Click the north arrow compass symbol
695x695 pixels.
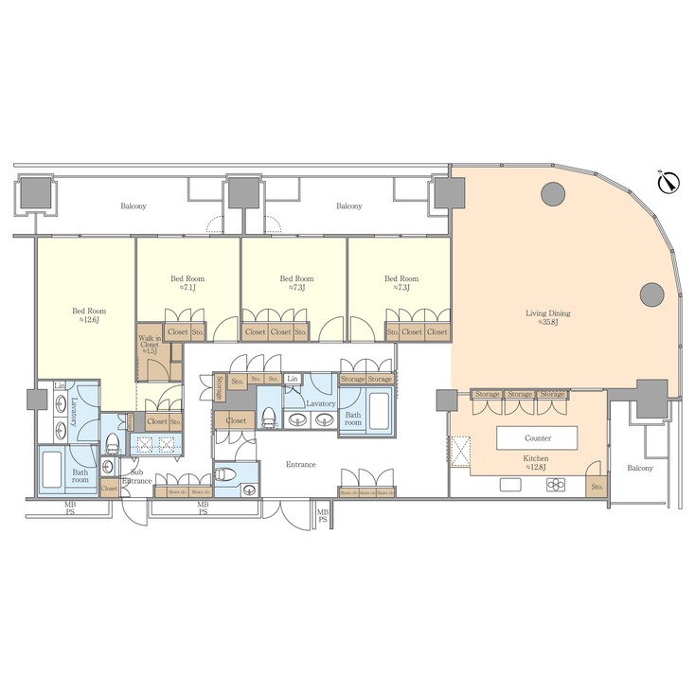coord(668,181)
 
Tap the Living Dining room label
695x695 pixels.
coord(547,312)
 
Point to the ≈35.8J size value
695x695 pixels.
coord(548,322)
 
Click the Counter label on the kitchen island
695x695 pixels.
coord(537,438)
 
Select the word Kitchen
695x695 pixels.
coord(537,458)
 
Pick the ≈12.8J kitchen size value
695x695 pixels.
coord(537,467)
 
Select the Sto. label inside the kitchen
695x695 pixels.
coord(596,487)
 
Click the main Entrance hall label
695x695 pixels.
coord(301,464)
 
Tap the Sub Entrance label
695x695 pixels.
coord(138,476)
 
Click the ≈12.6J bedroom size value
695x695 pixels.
coord(90,320)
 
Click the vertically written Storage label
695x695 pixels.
coord(220,387)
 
